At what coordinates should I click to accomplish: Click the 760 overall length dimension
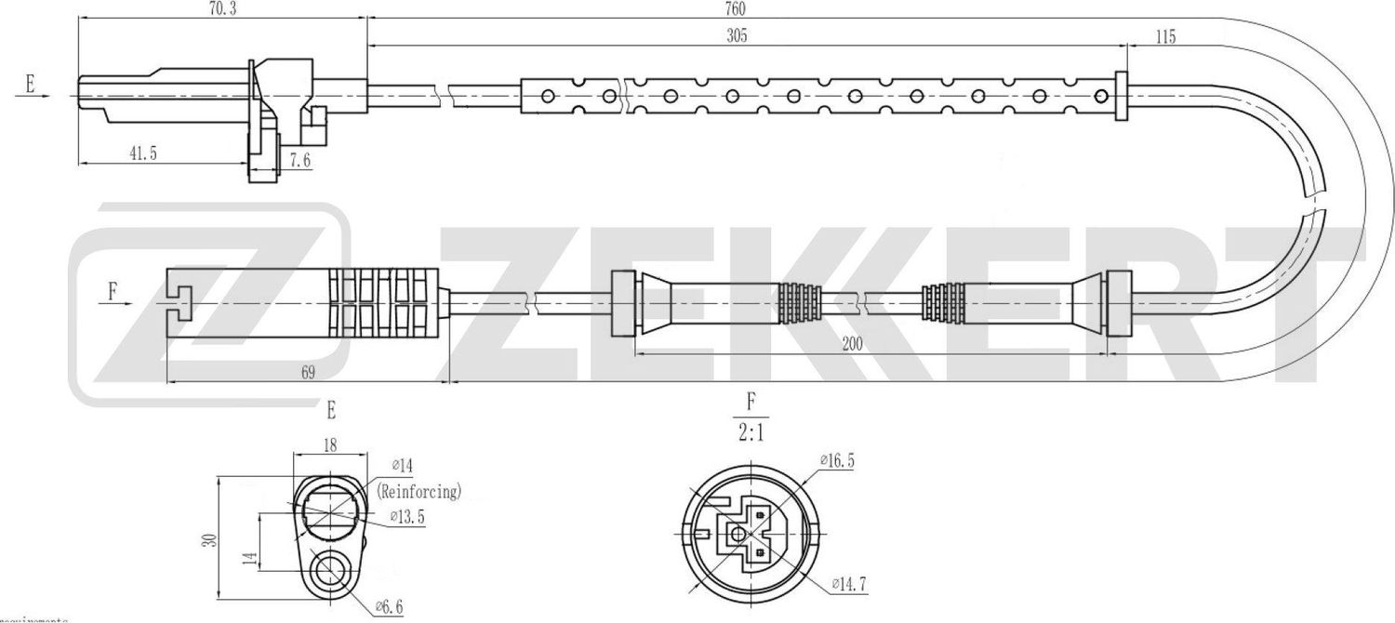tap(736, 8)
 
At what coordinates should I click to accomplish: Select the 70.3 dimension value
tap(220, 8)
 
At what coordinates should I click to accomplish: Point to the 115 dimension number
tap(1164, 37)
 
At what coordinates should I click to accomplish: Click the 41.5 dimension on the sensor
tap(142, 154)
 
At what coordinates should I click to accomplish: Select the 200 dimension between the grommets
tap(852, 343)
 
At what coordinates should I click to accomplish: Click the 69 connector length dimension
tap(308, 373)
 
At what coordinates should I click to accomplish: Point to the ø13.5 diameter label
tap(407, 518)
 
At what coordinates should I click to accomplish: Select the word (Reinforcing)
tap(419, 492)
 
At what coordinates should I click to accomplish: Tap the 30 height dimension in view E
tap(212, 538)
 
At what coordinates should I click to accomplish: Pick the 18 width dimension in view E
tap(328, 445)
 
